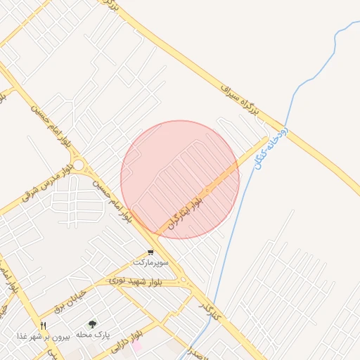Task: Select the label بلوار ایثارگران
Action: point(185,212)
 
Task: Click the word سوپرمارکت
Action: point(151,262)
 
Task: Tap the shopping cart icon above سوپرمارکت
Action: point(150,252)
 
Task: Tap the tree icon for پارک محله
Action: point(93,324)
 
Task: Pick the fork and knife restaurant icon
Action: point(43,326)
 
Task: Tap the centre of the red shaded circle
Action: point(180,179)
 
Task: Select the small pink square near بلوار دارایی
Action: point(137,346)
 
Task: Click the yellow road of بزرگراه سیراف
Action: point(309,141)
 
